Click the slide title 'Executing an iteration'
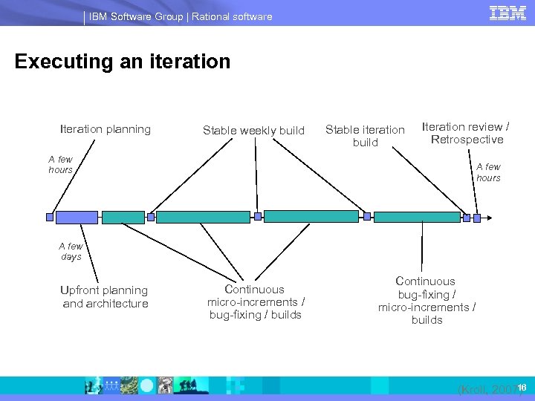click(x=123, y=61)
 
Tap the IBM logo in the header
click(x=508, y=13)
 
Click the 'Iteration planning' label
click(x=106, y=129)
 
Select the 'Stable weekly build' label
click(x=253, y=131)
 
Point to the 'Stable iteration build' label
click(x=365, y=136)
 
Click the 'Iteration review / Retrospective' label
click(x=467, y=133)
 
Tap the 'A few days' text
click(x=71, y=251)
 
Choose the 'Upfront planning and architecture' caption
click(x=106, y=296)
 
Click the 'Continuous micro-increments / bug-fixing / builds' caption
click(x=256, y=301)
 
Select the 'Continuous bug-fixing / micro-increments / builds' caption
click(x=427, y=300)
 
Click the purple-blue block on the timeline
click(x=77, y=217)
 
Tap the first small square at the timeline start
click(x=50, y=218)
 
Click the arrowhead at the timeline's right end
click(x=477, y=218)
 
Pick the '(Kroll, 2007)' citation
click(x=487, y=388)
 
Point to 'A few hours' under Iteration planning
click(x=61, y=164)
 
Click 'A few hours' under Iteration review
click(x=488, y=172)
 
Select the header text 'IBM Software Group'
click(x=135, y=16)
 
